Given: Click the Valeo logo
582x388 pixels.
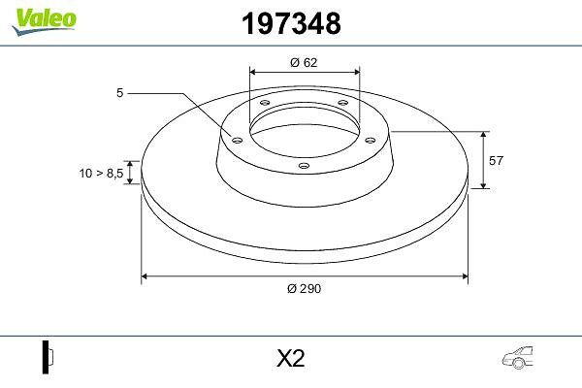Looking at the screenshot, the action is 45,21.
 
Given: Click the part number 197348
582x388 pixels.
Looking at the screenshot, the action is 291,23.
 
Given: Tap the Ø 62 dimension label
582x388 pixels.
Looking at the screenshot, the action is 304,62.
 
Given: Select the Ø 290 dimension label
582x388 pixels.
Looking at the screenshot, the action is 304,288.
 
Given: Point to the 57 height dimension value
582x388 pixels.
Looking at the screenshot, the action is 496,161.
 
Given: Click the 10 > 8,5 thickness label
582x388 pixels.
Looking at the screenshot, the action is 101,173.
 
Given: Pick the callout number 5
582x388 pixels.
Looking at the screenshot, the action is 119,93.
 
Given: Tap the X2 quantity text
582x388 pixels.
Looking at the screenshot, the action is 291,359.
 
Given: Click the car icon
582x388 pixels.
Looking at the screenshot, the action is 518,358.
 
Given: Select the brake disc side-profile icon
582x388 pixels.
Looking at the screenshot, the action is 48,357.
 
